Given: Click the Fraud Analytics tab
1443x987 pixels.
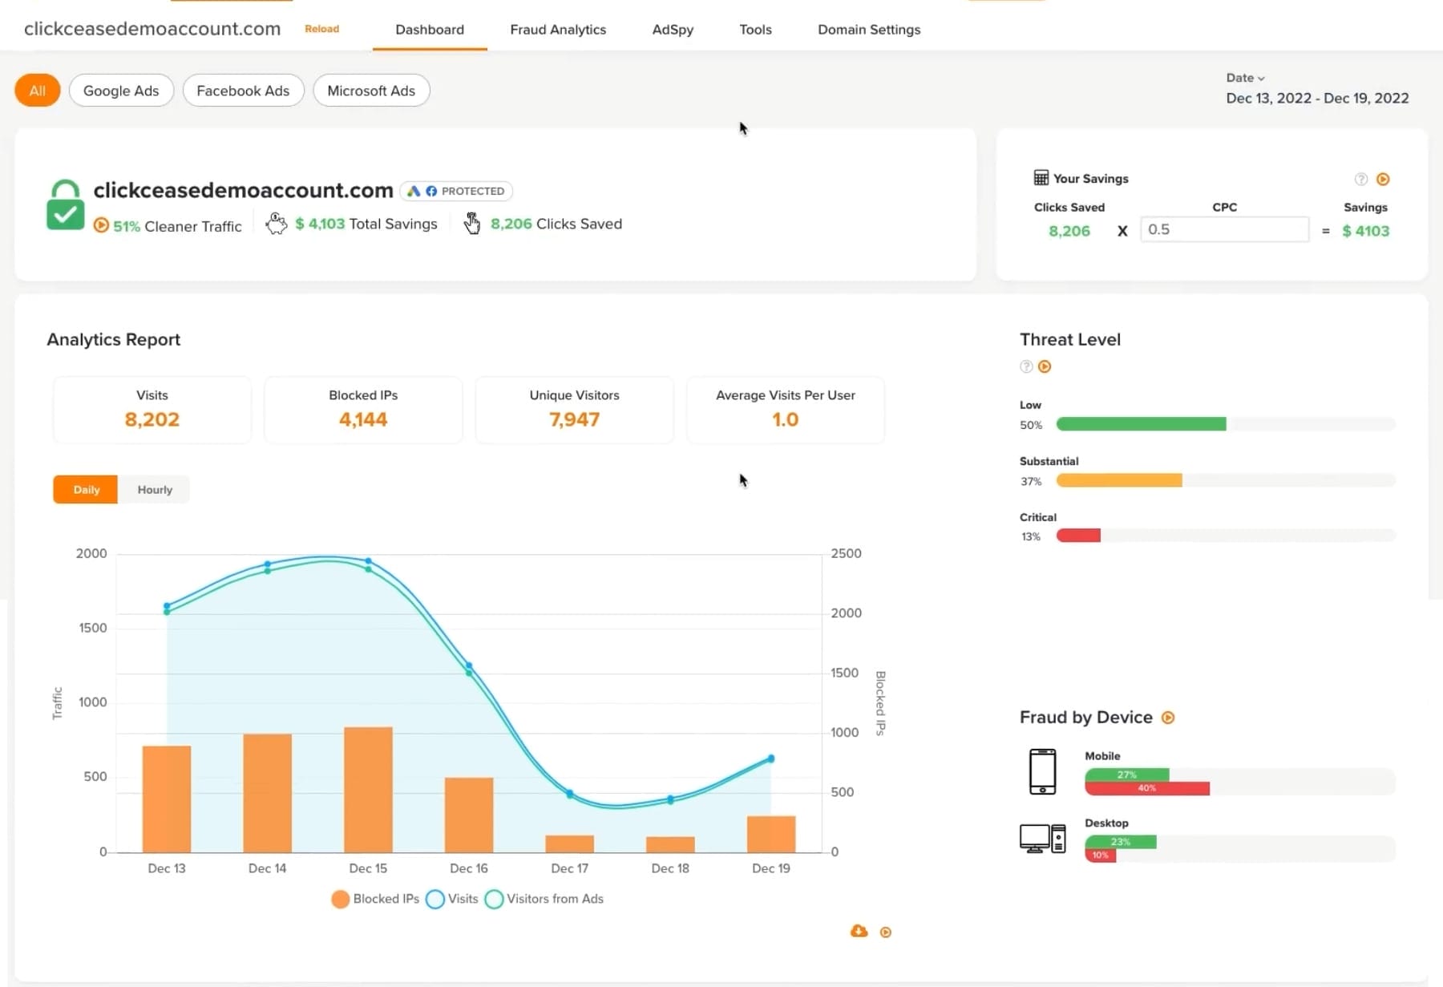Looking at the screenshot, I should coord(558,30).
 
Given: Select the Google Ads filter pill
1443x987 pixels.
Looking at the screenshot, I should coord(121,91).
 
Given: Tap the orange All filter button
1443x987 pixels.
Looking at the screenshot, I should coord(37,91).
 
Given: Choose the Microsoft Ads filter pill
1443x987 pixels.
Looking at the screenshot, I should coord(371,91).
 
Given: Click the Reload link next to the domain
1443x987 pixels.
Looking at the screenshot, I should coord(321,29).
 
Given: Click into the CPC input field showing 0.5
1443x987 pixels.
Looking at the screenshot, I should coord(1224,229).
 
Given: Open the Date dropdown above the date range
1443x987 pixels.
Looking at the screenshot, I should coord(1244,78).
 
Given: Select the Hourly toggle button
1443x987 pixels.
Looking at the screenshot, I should coord(155,490).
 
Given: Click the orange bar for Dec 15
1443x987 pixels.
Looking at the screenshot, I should coord(368,790).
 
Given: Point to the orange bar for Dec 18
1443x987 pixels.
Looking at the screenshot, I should coord(670,844).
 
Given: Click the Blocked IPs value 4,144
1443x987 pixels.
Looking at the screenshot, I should coord(363,419).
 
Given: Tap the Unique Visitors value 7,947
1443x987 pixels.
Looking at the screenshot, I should coord(574,419).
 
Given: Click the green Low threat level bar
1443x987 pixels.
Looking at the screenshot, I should coord(1141,424).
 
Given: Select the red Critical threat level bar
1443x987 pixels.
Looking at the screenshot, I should coord(1078,536).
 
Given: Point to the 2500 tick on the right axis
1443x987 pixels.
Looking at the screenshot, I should coord(846,553).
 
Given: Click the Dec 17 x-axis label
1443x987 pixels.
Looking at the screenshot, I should coord(569,868).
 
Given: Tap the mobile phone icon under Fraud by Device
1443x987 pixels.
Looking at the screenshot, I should coord(1042,771).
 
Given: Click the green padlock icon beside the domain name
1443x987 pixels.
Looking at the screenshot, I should coord(65,205).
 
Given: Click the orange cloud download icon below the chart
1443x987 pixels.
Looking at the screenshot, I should coord(859,931).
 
